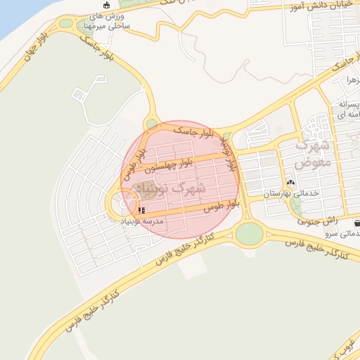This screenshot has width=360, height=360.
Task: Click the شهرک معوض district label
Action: [x=313, y=155]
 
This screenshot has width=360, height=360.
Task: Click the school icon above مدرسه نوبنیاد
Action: [x=142, y=210]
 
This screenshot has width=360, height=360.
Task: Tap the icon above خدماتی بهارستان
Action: [x=290, y=181]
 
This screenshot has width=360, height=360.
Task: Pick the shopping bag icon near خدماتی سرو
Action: [x=357, y=223]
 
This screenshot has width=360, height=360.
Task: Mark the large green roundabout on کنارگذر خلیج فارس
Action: [x=248, y=233]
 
